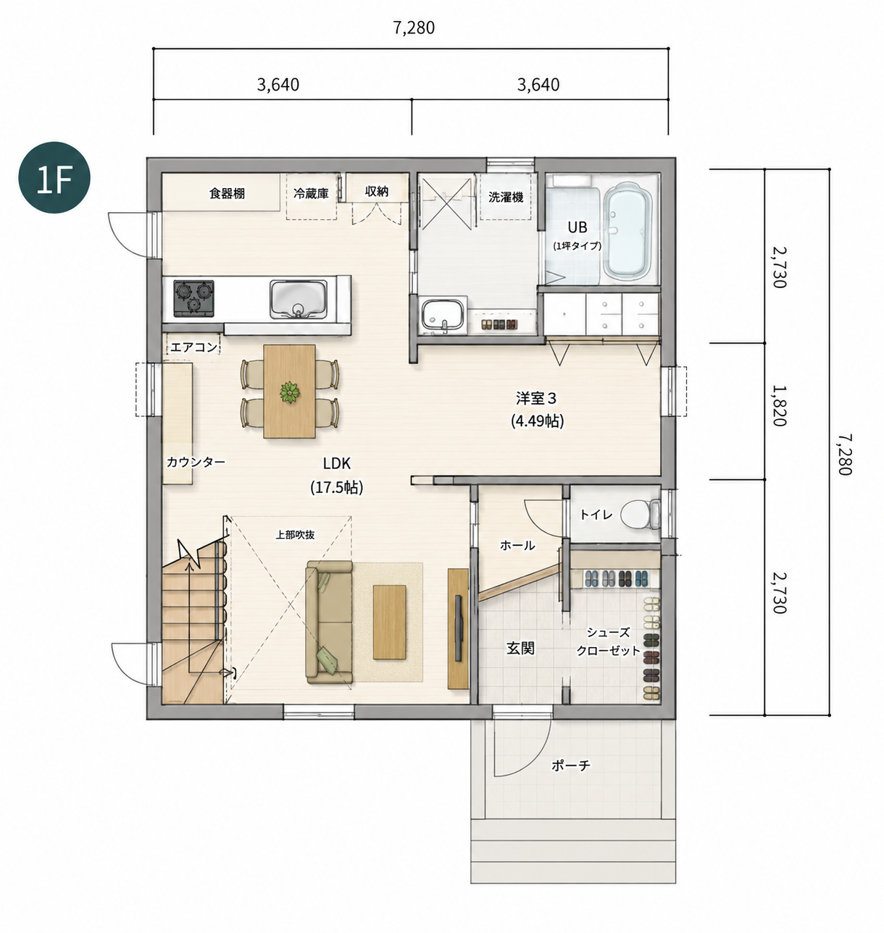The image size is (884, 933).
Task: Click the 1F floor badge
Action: click(x=54, y=177)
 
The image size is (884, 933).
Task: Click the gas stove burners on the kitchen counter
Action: click(x=193, y=298)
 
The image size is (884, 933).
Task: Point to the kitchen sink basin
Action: click(x=298, y=299)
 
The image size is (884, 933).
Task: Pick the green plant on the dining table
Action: click(x=289, y=392)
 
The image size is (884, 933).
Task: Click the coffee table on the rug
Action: click(x=389, y=622)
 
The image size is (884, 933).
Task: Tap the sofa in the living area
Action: click(x=329, y=622)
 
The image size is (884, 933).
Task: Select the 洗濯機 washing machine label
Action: click(x=506, y=197)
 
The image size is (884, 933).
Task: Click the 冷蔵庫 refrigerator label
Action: click(x=311, y=193)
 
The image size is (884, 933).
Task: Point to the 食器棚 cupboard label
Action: click(x=227, y=193)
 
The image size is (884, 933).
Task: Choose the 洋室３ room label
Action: click(x=536, y=398)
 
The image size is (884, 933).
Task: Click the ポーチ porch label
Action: click(x=570, y=765)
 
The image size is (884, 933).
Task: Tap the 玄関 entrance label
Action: click(x=520, y=649)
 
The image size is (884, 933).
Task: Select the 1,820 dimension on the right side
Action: click(x=779, y=411)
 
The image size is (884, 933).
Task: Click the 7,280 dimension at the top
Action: click(x=414, y=28)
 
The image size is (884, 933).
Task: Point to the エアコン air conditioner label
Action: click(x=193, y=347)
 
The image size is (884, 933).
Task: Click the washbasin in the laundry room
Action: click(x=443, y=313)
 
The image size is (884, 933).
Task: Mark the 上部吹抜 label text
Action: click(x=295, y=535)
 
